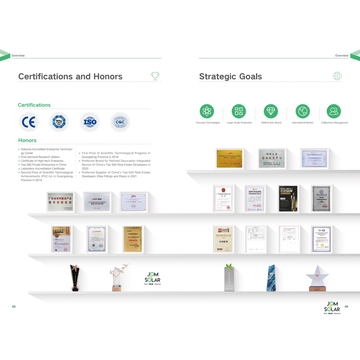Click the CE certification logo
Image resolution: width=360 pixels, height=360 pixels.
coord(28,122)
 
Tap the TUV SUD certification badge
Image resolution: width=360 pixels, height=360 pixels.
coord(59,122)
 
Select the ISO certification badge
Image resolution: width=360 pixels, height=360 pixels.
coord(90,122)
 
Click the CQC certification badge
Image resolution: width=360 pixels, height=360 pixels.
coord(120,122)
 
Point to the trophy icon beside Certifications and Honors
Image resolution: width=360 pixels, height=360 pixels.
coord(155,76)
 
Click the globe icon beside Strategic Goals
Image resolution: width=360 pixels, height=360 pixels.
coord(337,76)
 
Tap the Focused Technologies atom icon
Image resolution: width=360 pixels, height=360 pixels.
coord(207,111)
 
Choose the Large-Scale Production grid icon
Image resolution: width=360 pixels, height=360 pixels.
coord(239,111)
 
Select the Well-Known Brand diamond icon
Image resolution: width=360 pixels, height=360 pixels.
coord(271,111)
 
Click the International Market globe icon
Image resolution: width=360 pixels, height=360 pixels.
coord(303,111)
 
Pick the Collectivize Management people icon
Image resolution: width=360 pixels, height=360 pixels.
coord(334,111)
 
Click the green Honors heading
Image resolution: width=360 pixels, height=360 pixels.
coord(27,140)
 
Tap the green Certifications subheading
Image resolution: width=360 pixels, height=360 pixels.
coord(34,105)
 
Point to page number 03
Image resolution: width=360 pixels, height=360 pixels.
coord(14,307)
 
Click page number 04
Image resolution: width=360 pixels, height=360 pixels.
coord(346,307)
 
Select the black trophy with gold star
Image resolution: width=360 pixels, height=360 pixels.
coord(75,278)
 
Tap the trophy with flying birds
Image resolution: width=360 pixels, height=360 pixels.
coord(118,277)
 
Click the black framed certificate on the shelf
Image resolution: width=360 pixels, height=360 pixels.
coord(288,199)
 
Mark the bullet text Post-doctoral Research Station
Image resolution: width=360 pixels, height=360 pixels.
coord(40,157)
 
